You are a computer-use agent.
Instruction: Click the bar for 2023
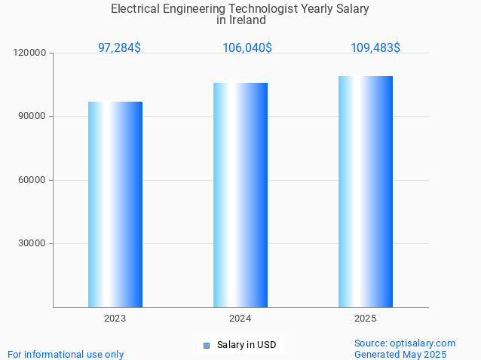115,204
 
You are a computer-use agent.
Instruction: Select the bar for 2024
240,195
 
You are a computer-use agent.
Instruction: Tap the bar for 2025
366,191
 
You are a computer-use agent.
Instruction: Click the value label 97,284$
119,47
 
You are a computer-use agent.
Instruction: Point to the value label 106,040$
247,47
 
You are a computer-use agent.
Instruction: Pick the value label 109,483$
375,47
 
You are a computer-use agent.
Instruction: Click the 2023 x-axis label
115,319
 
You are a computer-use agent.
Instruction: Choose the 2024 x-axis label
240,319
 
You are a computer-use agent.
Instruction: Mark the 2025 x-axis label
366,319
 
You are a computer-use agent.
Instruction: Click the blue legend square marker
206,346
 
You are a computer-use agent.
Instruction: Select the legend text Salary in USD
247,345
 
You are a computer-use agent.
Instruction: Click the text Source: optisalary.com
405,343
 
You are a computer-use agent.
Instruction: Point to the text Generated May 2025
400,354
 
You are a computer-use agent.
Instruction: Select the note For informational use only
66,354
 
